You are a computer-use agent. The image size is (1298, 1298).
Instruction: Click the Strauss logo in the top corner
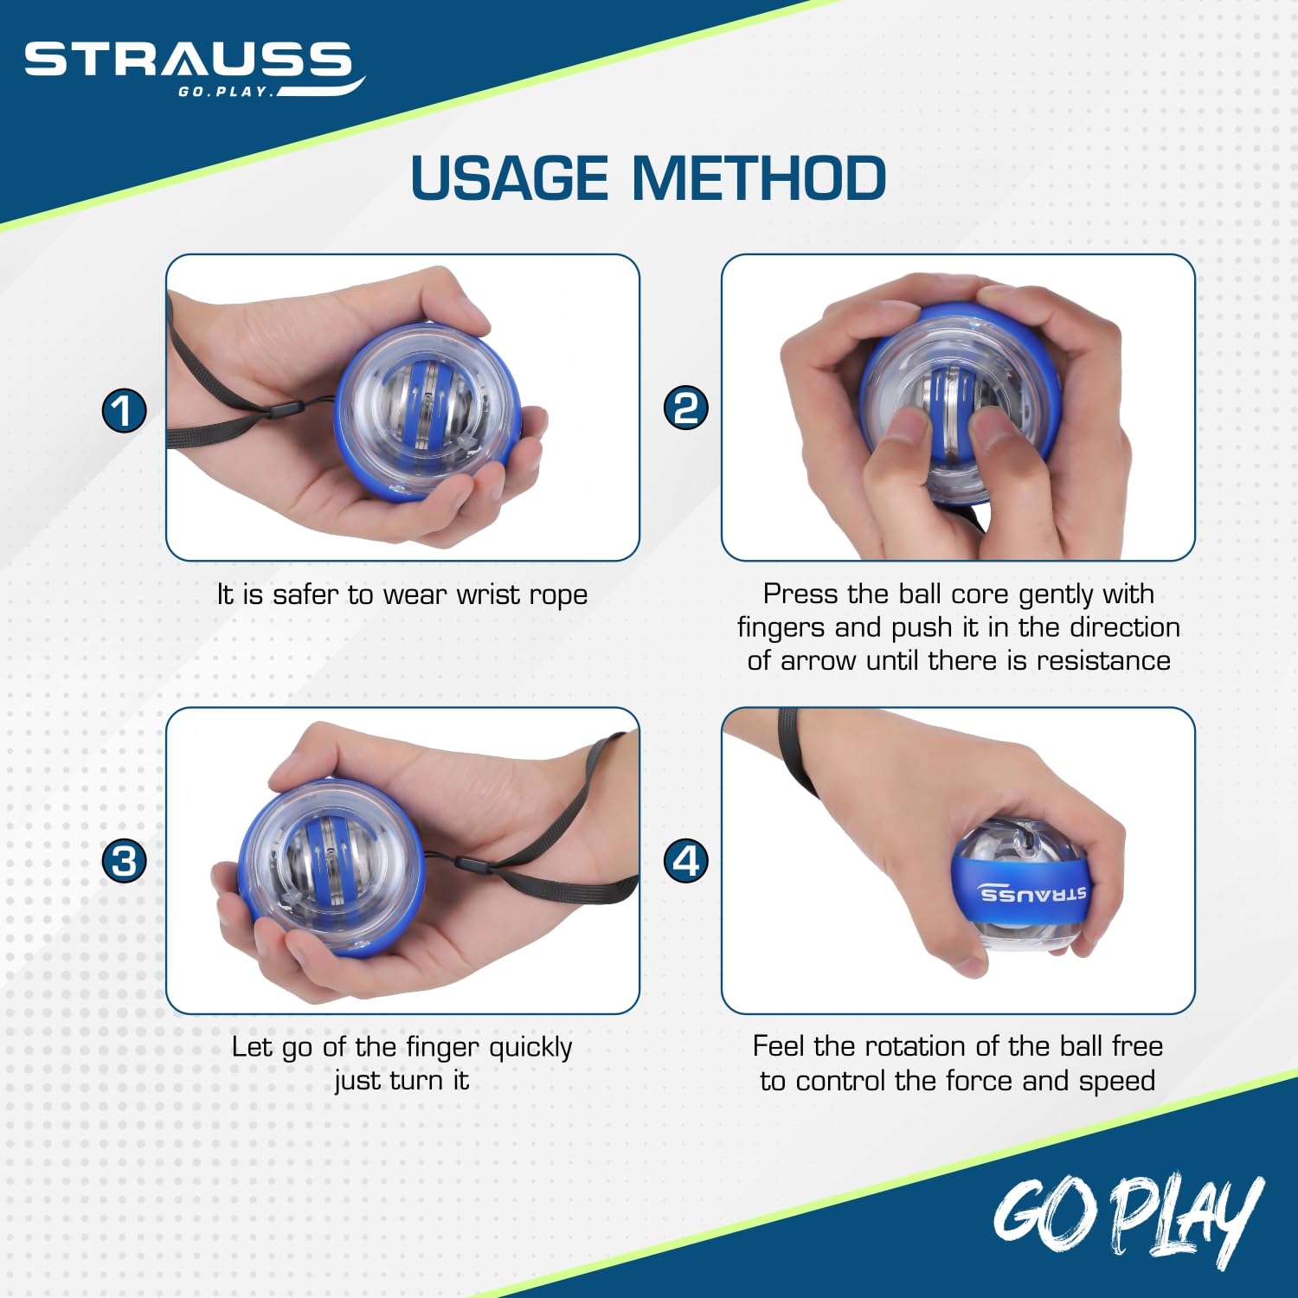tap(195, 68)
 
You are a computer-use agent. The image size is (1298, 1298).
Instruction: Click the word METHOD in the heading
tap(759, 178)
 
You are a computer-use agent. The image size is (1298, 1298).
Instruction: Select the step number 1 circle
tap(125, 410)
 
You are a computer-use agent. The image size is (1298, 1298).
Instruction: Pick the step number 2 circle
tap(685, 408)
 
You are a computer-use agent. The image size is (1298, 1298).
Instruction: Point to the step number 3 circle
tap(125, 861)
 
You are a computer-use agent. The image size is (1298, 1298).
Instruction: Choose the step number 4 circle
tap(685, 861)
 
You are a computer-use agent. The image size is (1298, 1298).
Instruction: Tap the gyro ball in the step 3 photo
tap(331, 868)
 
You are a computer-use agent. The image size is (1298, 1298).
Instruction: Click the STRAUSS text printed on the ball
tap(1032, 894)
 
